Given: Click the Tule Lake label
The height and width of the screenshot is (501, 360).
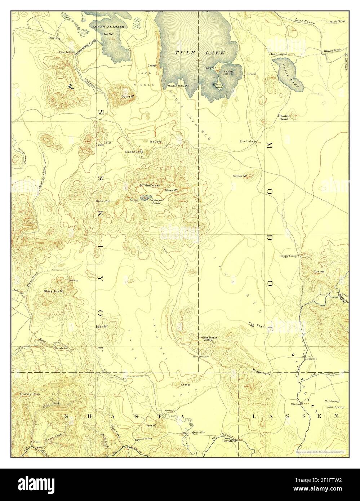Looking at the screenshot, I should point(200,53).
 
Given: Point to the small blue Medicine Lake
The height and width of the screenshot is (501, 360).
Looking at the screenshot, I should point(145,198).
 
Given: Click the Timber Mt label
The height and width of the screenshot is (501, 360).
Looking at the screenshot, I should point(239,176).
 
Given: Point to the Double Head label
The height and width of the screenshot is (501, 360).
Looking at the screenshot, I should point(283,117).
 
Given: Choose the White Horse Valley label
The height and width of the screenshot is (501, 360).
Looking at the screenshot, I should point(209,339).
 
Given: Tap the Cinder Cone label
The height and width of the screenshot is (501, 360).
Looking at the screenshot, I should point(134,152).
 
